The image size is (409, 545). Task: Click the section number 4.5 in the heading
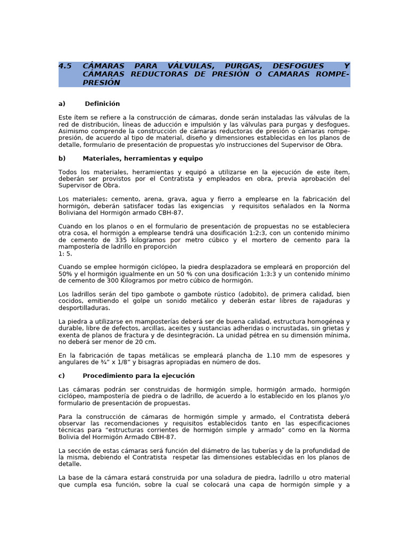[x=64, y=66]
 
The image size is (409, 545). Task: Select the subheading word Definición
[x=102, y=104]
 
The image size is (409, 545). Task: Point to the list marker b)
[x=62, y=159]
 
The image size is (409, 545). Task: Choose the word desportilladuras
[x=84, y=308]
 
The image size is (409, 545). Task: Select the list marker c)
[x=62, y=376]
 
